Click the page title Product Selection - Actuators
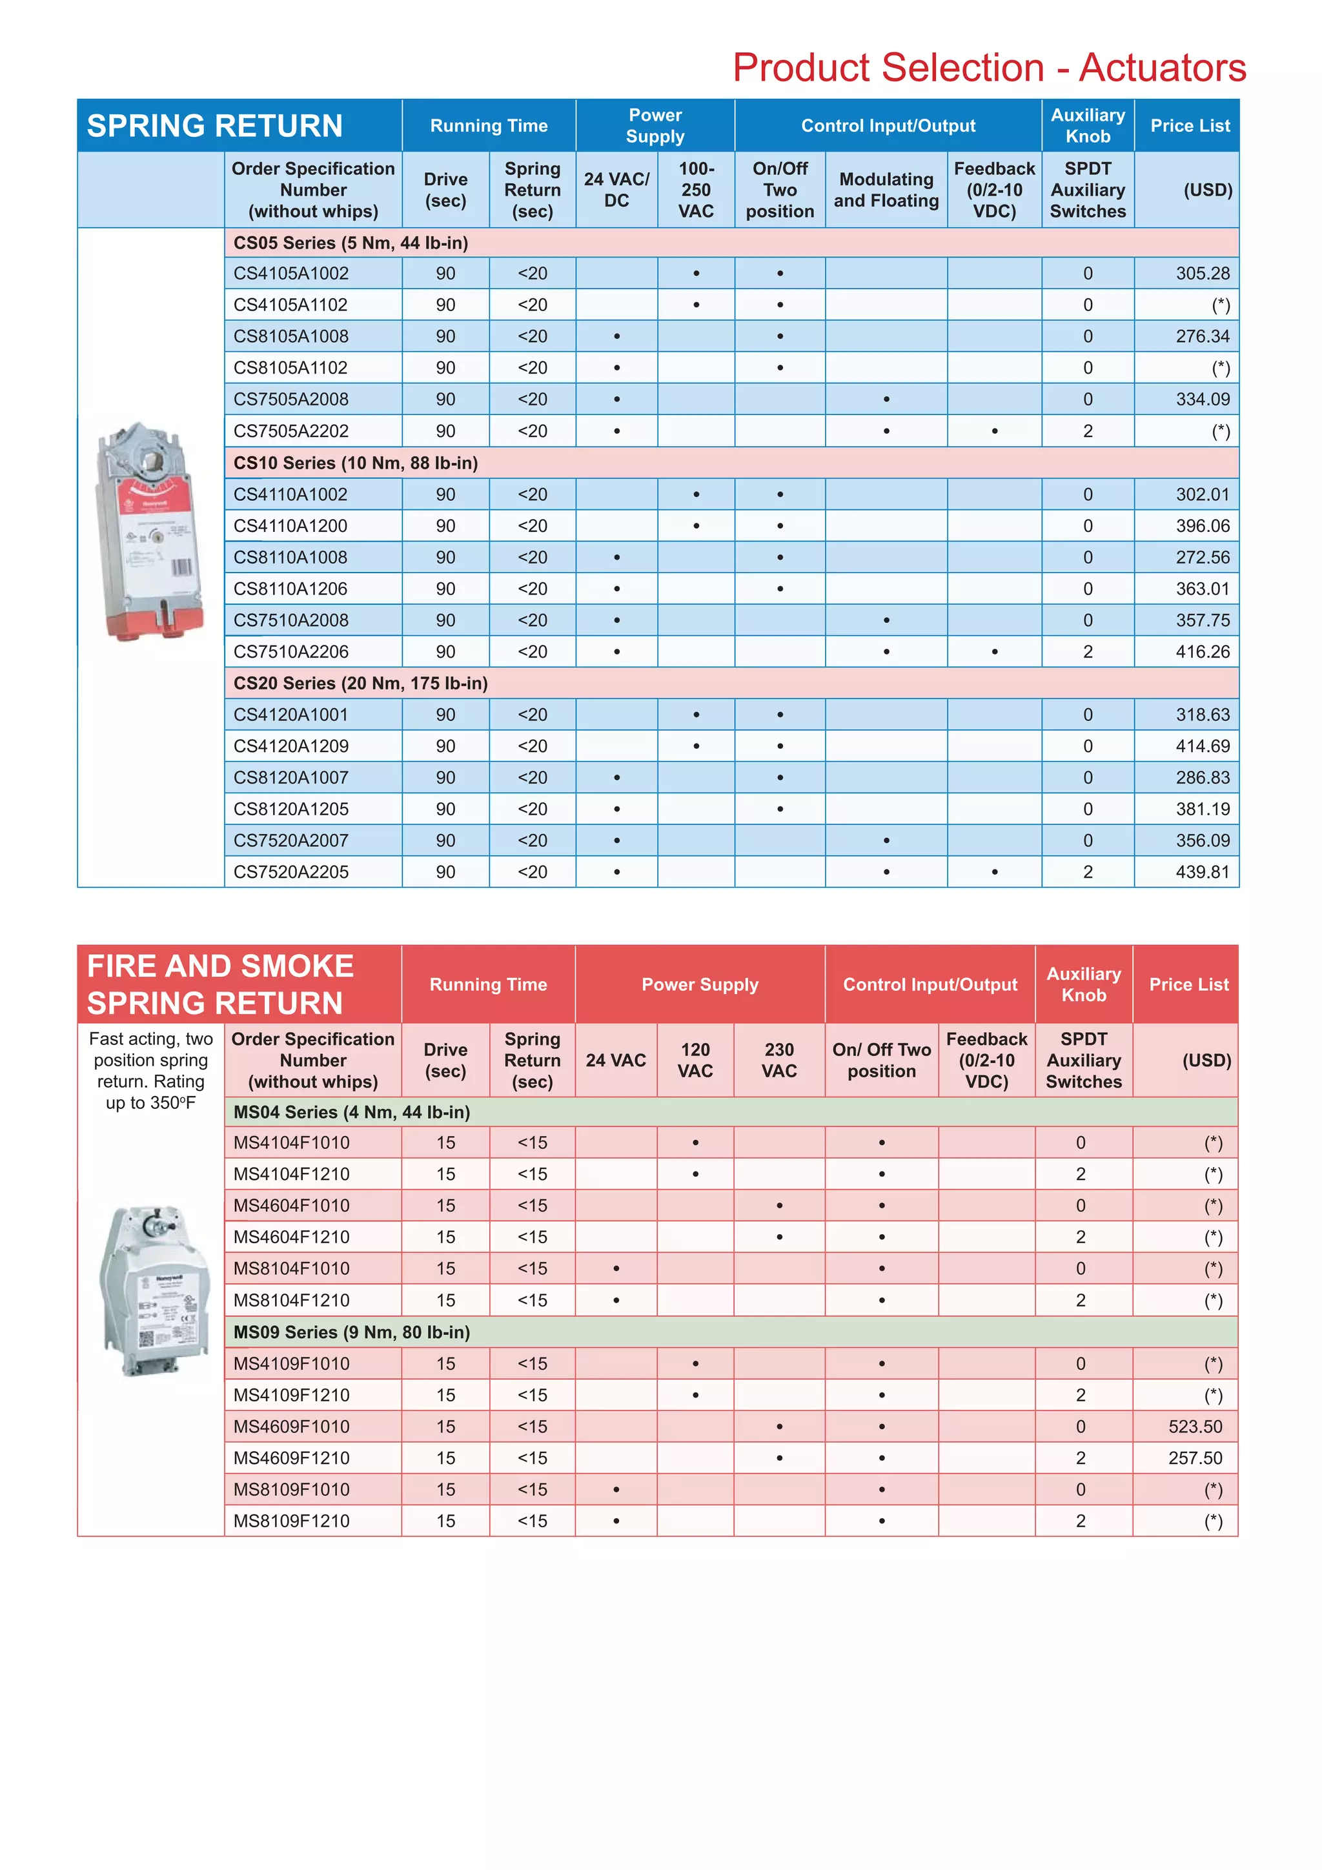(x=988, y=68)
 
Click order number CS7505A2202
(x=290, y=431)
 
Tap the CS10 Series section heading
(x=355, y=463)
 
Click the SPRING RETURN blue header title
(x=215, y=127)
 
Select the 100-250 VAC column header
(x=696, y=190)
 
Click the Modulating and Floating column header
(x=886, y=190)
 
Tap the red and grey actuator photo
(x=150, y=531)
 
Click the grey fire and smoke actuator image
(x=152, y=1291)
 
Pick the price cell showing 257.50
(x=1195, y=1458)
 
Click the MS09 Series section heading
(x=351, y=1332)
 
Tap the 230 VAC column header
(x=778, y=1060)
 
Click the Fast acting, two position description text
(x=150, y=1070)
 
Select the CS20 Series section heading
(x=360, y=684)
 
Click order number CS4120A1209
(x=290, y=746)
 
